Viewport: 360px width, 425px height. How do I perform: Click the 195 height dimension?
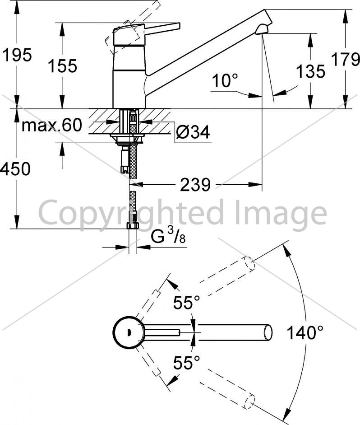point(17,55)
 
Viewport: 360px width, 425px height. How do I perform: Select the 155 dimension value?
point(63,66)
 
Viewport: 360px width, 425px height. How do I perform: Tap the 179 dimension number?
point(346,59)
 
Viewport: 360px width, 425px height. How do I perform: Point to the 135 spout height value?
point(310,71)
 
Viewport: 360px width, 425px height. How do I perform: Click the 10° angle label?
point(225,80)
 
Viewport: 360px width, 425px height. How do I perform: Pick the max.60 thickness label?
point(52,125)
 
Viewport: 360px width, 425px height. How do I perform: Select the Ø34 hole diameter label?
point(193,132)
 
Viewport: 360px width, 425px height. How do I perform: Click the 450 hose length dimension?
point(15,169)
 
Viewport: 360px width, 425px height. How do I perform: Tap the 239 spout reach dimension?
point(195,185)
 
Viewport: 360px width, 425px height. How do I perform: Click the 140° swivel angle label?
point(305,332)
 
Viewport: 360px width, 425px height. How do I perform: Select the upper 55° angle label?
point(187,303)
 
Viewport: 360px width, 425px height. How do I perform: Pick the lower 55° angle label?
point(187,363)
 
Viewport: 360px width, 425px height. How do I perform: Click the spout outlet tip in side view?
point(262,30)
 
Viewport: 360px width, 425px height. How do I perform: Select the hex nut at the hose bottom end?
point(133,226)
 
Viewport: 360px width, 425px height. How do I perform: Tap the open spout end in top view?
point(268,332)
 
